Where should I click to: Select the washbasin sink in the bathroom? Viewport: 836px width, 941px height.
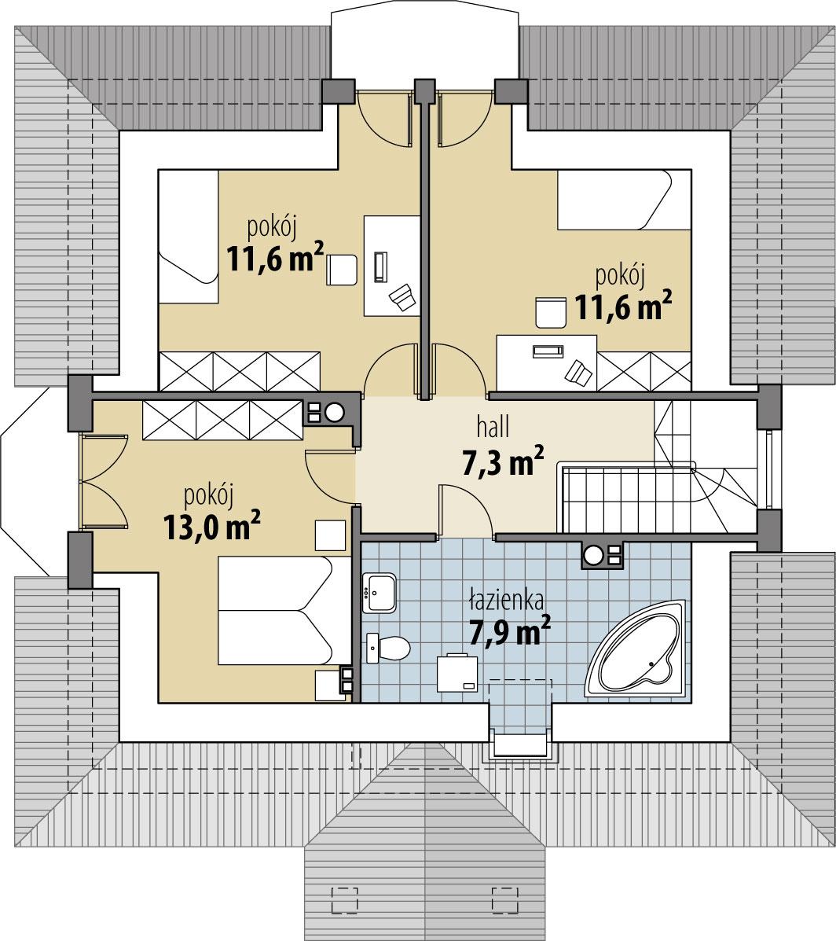[x=381, y=591]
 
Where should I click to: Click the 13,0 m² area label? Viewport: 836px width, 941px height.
[x=212, y=526]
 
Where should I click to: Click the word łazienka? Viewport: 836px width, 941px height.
[x=506, y=601]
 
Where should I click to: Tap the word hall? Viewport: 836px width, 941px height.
[x=493, y=428]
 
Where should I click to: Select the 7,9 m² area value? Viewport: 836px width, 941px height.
[x=509, y=631]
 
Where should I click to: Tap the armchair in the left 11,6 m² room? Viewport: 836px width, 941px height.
[x=342, y=270]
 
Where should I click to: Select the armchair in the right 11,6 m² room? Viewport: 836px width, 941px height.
[x=551, y=312]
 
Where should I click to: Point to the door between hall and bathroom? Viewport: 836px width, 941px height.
[x=466, y=511]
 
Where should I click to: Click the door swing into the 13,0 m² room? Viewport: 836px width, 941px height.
[x=330, y=476]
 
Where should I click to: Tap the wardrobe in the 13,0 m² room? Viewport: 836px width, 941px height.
[x=222, y=420]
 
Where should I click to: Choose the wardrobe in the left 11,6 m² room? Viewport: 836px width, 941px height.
[x=240, y=371]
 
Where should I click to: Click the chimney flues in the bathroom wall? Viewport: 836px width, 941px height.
[x=602, y=556]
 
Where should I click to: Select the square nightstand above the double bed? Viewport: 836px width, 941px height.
[x=330, y=535]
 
